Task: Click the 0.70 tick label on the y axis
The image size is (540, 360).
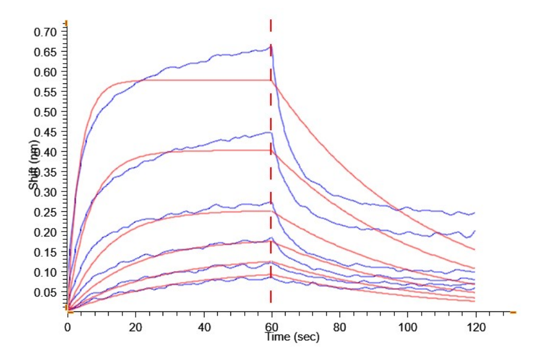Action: click(47, 32)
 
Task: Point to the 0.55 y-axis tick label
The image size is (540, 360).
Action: click(47, 92)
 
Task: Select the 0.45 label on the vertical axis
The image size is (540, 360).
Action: click(47, 132)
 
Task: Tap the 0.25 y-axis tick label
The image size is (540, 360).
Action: click(47, 212)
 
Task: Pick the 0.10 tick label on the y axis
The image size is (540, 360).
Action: click(47, 272)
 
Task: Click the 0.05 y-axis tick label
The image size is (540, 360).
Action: click(47, 292)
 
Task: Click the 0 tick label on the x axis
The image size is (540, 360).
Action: click(68, 327)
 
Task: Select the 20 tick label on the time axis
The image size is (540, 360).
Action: click(136, 327)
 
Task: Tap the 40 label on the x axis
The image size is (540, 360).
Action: click(204, 327)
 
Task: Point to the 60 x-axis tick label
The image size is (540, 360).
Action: click(272, 327)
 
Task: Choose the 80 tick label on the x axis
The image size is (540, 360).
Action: click(340, 327)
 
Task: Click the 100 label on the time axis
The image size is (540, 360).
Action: click(407, 327)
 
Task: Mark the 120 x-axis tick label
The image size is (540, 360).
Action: click(475, 327)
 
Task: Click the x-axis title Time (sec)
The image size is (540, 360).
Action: click(293, 337)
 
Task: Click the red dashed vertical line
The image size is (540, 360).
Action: click(271, 180)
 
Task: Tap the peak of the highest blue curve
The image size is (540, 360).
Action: click(271, 46)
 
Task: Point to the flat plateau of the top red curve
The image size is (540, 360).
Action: click(204, 80)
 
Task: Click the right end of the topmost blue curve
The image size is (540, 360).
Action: click(475, 212)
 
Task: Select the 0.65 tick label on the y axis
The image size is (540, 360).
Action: click(47, 52)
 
